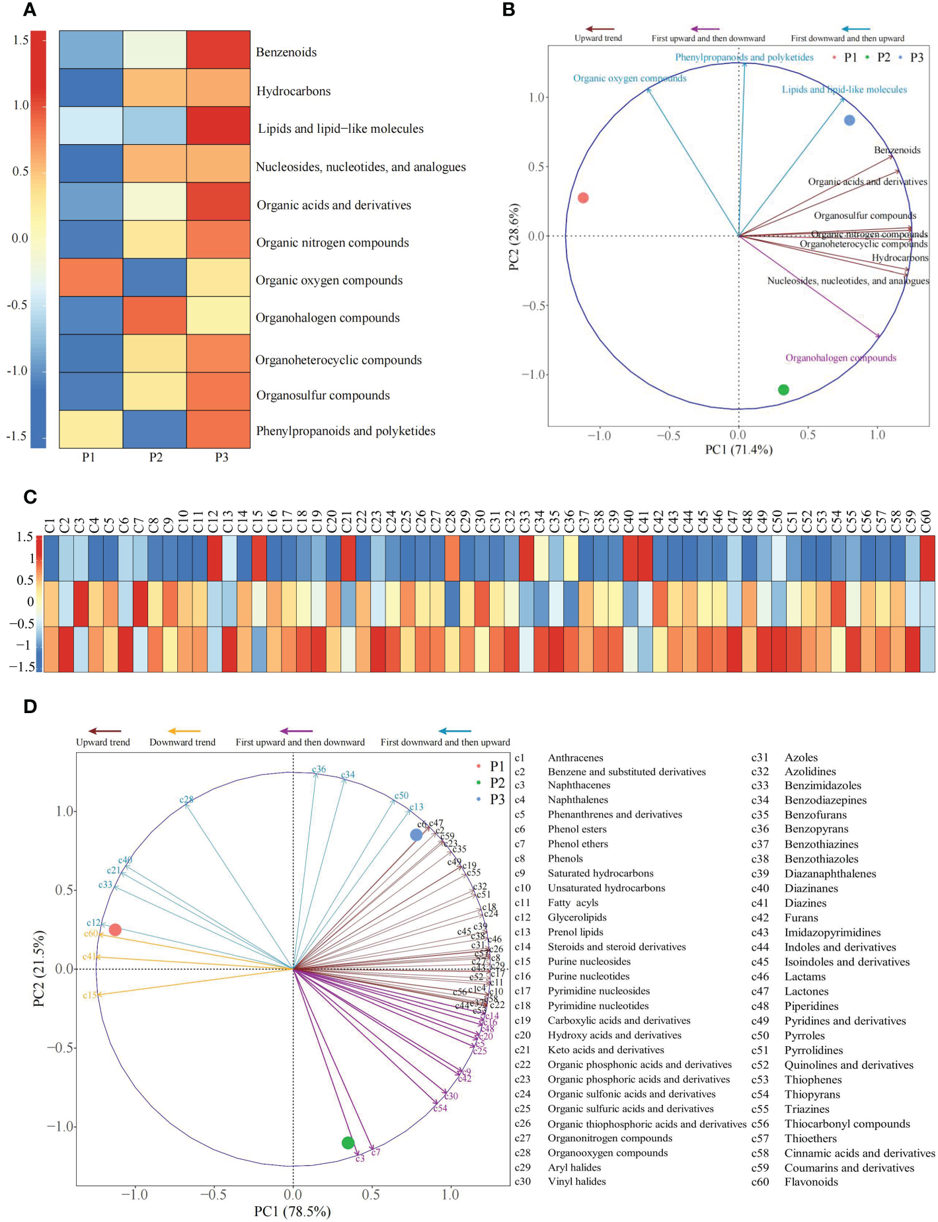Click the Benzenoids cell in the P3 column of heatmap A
[218, 50]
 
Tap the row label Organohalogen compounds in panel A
[327, 318]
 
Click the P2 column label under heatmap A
[155, 457]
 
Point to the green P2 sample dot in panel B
[783, 390]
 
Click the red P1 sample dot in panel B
[583, 198]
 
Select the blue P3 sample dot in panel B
[849, 120]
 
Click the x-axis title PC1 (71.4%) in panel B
[738, 450]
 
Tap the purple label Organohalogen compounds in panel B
[841, 358]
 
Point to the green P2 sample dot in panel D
[348, 1143]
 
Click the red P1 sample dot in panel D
[115, 930]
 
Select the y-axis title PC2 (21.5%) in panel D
[39, 968]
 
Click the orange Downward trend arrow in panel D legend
[183, 731]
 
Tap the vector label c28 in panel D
[186, 800]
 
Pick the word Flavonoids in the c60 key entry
[811, 1182]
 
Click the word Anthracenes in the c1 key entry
[575, 758]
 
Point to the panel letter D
[30, 706]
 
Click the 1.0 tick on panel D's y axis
[63, 812]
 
